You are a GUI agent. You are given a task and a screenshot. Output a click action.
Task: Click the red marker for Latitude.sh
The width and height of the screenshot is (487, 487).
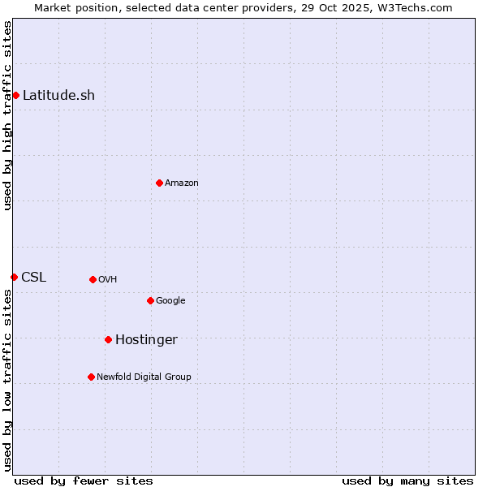point(15,95)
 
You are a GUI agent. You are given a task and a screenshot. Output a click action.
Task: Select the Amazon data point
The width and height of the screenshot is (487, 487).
point(159,183)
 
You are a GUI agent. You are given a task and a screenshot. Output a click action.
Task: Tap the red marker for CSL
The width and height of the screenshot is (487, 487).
point(14,277)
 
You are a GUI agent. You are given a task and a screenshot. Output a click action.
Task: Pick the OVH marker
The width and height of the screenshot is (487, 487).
point(93,279)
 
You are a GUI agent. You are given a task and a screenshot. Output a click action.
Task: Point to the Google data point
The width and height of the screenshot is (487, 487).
point(150,300)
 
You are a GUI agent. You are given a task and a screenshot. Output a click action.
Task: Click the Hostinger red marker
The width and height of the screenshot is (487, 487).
point(108,339)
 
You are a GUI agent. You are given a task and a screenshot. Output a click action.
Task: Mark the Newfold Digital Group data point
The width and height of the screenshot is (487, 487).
point(91,377)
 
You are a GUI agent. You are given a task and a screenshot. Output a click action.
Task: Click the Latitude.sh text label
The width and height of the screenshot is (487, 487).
point(58,95)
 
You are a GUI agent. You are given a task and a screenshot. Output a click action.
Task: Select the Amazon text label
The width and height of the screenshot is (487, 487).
point(182,183)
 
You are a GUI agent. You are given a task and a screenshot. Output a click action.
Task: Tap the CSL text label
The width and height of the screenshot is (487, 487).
point(34,277)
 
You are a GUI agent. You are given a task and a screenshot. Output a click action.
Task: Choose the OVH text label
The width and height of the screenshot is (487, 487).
point(108,279)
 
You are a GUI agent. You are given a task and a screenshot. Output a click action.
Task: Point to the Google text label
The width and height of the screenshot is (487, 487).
point(170,300)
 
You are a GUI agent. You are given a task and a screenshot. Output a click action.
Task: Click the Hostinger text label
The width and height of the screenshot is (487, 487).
point(146,339)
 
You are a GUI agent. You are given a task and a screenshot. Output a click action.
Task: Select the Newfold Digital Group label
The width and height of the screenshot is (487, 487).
point(144,377)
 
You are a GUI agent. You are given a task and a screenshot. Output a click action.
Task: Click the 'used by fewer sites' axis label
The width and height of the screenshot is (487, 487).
point(84,481)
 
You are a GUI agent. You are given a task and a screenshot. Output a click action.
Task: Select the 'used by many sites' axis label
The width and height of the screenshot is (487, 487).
point(407,481)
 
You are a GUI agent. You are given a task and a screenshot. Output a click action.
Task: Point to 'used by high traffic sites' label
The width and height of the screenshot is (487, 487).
point(7,115)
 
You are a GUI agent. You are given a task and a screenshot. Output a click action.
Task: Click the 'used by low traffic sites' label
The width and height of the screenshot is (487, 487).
point(7,380)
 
